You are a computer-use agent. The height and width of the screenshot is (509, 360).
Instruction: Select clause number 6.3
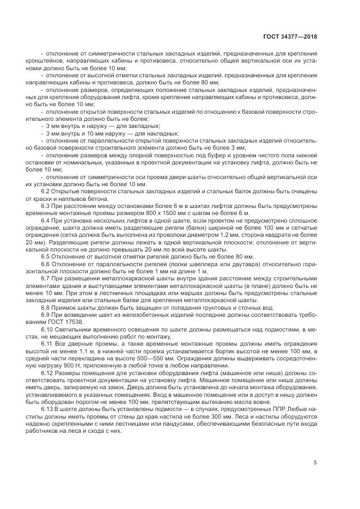(46, 206)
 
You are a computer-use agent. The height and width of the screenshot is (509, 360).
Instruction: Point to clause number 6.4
(46, 221)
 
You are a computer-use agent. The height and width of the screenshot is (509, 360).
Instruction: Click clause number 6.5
(46, 256)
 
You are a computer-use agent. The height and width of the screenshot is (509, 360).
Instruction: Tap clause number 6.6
(46, 263)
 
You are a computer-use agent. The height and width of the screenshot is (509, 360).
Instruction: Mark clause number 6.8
(46, 307)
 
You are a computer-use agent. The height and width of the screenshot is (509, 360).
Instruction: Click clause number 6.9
(46, 315)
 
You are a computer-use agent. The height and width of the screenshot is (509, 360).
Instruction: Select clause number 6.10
(47, 329)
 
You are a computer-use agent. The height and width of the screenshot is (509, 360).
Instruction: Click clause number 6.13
(47, 408)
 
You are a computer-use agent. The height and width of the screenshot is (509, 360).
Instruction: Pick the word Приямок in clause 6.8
(67, 307)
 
